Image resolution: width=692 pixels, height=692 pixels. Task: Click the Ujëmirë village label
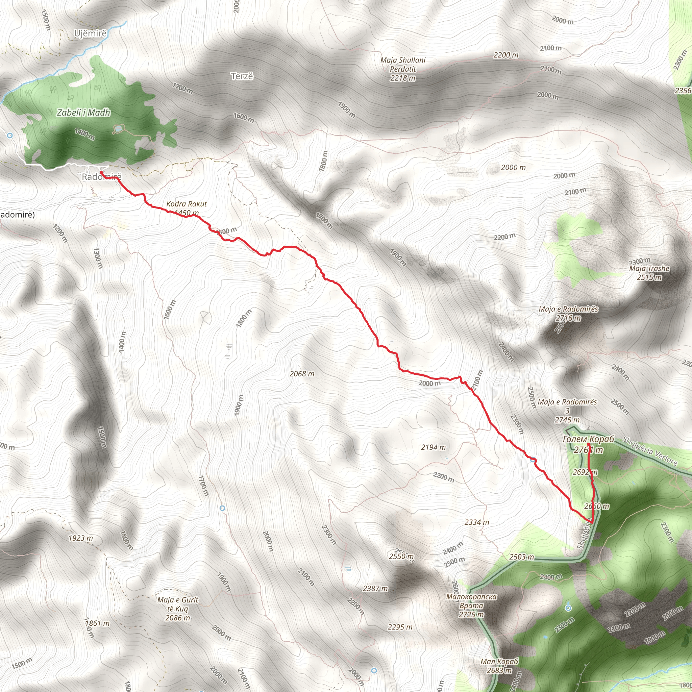(x=90, y=34)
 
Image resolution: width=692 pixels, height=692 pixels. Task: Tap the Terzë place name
(x=242, y=76)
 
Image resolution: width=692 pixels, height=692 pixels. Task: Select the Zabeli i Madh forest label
(x=83, y=113)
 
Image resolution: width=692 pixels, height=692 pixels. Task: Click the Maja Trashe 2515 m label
(x=649, y=273)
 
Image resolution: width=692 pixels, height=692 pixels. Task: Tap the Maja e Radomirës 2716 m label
(x=568, y=314)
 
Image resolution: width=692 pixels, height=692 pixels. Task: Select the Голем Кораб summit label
(x=588, y=440)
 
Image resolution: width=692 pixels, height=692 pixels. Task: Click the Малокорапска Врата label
(x=471, y=605)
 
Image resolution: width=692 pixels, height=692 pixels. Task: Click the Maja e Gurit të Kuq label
(x=178, y=609)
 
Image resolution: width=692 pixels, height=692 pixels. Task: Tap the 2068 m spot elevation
(x=302, y=374)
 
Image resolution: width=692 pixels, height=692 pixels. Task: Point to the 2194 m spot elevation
(x=434, y=447)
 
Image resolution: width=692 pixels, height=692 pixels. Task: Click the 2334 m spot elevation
(x=476, y=523)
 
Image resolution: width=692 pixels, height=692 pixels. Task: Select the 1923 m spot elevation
(x=81, y=538)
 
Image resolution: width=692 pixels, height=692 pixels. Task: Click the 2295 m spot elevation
(x=400, y=627)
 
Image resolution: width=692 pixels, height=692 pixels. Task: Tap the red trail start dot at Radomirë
(x=101, y=173)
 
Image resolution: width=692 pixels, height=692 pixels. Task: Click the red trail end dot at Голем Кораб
(x=589, y=445)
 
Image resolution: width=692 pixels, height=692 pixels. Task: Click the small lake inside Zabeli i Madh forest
(x=118, y=128)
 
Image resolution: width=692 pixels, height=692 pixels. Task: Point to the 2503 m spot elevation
(x=521, y=557)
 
